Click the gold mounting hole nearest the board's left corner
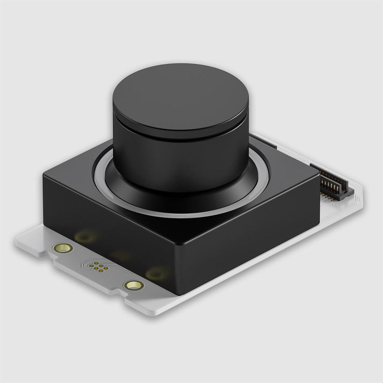tap(63, 248)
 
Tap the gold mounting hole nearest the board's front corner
tap(134, 285)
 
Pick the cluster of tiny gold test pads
tap(99, 267)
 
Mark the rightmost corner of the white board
tap(362, 191)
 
